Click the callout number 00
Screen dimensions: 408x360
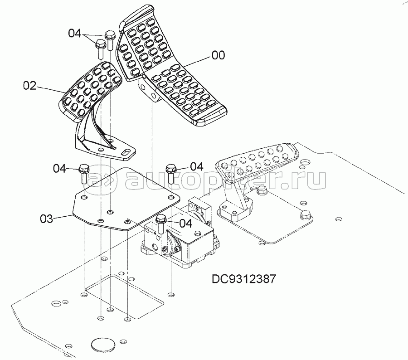point(219,55)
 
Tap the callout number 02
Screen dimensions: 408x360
point(30,86)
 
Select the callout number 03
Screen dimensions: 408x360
point(47,219)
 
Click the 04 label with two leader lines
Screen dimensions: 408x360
point(75,34)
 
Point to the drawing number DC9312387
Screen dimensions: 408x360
point(243,279)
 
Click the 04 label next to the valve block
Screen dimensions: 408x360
point(186,224)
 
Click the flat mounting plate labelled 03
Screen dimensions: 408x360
point(126,199)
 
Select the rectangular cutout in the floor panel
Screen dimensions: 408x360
point(125,297)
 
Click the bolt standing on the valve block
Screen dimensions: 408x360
point(160,224)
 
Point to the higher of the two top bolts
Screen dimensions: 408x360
point(110,40)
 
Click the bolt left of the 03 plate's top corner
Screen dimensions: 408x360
point(84,174)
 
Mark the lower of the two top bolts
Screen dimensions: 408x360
point(100,49)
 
